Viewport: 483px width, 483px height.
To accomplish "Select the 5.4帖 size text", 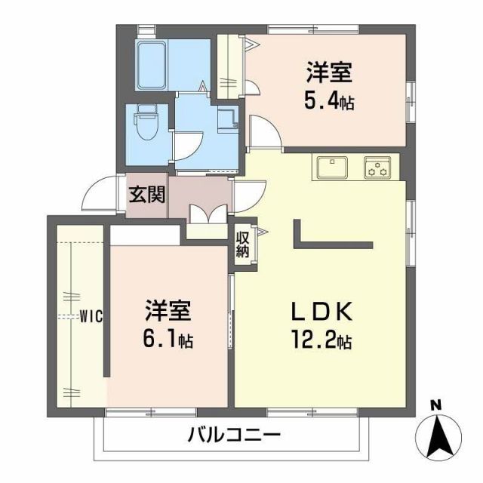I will tap(330, 101).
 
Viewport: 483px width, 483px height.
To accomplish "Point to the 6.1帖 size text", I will tap(168, 340).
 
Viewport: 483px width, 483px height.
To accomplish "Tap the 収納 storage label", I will tap(242, 245).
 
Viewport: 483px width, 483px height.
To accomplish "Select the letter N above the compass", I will tap(436, 406).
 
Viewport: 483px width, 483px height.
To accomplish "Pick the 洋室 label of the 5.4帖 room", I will tap(330, 74).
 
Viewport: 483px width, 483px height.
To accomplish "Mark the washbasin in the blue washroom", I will tap(226, 119).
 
